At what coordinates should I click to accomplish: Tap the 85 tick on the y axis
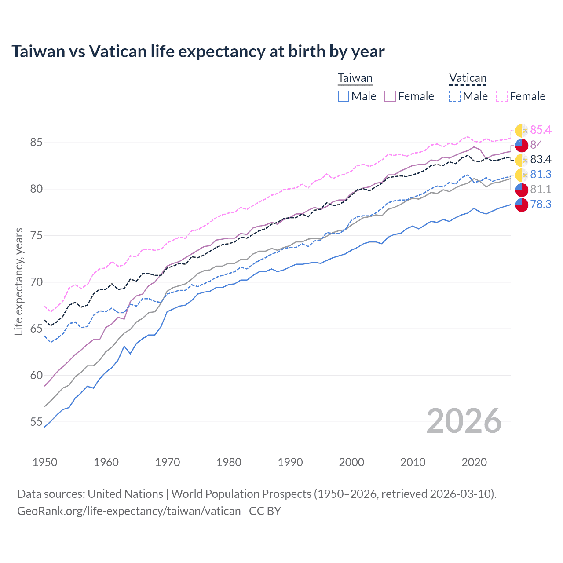[x=36, y=143]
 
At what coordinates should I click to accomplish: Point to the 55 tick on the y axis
[x=36, y=422]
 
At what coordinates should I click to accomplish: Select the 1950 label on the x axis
[x=45, y=462]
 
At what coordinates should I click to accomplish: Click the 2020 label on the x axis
[x=474, y=462]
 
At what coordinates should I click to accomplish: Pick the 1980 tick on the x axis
[x=229, y=462]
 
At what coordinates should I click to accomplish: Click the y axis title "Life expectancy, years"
[x=18, y=281]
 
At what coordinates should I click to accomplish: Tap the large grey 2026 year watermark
[x=464, y=421]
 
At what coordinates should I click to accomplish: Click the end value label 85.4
[x=541, y=130]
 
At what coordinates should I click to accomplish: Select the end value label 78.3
[x=541, y=204]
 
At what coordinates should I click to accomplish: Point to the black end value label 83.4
[x=541, y=159]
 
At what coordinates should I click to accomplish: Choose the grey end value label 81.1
[x=541, y=189]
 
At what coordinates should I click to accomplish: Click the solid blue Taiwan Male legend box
[x=344, y=96]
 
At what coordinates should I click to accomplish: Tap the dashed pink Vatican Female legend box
[x=502, y=96]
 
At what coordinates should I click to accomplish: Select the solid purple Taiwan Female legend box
[x=390, y=96]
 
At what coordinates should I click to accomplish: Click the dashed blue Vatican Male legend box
[x=455, y=96]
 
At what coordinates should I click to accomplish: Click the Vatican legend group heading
[x=468, y=78]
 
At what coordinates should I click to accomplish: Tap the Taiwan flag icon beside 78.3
[x=521, y=205]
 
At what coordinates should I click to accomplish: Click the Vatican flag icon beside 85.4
[x=521, y=130]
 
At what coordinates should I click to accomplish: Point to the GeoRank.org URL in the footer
[x=129, y=511]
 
